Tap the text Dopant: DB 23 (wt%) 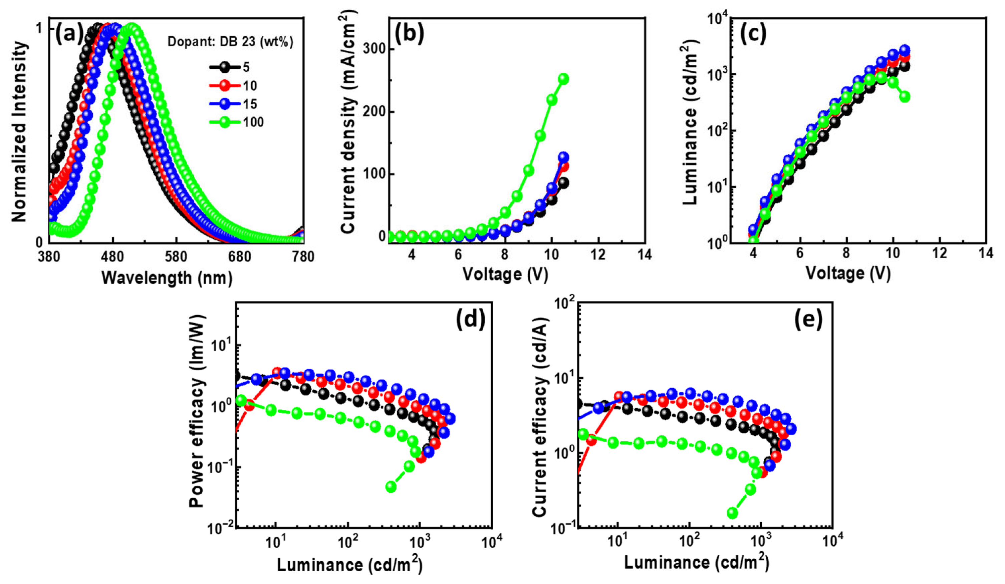coord(230,42)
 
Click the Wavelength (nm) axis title coord(167,278)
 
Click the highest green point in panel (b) coord(563,79)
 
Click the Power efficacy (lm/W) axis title coord(197,411)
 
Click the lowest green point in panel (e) coord(732,513)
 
